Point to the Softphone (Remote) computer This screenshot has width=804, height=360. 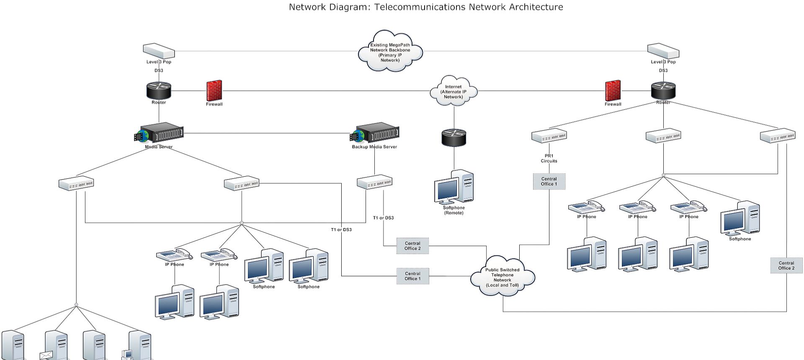[x=454, y=187]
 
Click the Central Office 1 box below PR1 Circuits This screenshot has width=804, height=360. [x=549, y=181]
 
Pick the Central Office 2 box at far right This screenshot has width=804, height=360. [x=786, y=265]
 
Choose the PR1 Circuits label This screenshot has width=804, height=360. [x=549, y=158]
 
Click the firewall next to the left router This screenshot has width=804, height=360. [x=214, y=90]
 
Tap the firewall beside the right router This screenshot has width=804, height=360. [x=613, y=90]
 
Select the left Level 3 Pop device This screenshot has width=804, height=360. [x=159, y=51]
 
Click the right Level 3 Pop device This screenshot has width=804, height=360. [x=663, y=51]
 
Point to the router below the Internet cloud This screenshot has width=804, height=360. [x=454, y=138]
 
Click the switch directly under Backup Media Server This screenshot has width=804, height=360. [x=374, y=182]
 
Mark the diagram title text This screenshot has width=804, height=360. [x=426, y=7]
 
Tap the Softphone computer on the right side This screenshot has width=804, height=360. [x=740, y=218]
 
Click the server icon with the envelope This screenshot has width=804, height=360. [x=55, y=346]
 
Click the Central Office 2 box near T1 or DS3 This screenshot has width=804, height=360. [x=412, y=246]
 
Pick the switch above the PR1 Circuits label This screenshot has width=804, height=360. [x=549, y=136]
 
